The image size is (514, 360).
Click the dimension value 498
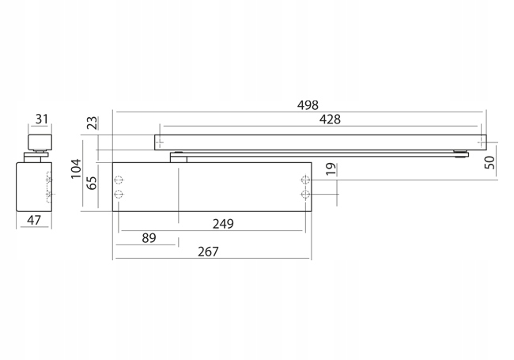click(307, 104)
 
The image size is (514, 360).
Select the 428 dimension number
click(330, 119)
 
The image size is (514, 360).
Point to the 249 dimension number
click(224, 224)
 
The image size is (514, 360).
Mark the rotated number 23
click(92, 123)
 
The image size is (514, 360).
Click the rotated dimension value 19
click(331, 169)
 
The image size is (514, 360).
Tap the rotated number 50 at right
click(489, 163)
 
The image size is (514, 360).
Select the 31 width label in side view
click(41, 119)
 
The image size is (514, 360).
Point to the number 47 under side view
click(33, 220)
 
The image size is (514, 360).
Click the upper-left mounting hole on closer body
click(119, 178)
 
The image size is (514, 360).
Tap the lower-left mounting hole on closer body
click(119, 194)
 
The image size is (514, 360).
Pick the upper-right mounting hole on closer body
click(305, 178)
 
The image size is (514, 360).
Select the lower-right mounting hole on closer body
click(305, 194)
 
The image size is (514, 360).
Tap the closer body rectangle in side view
click(33, 185)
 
